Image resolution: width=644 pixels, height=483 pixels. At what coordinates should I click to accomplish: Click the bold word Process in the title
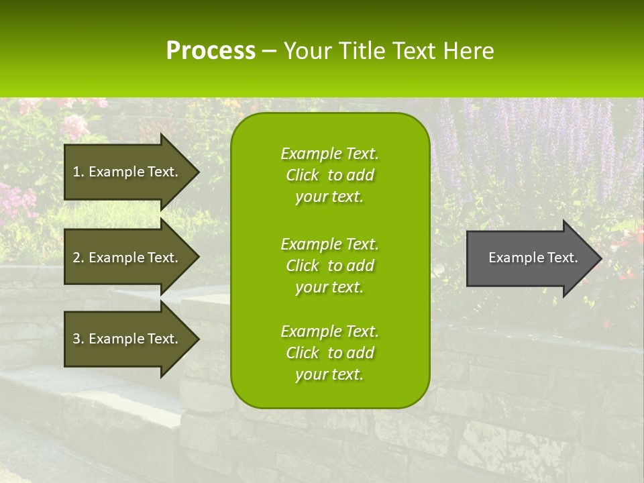[x=211, y=51]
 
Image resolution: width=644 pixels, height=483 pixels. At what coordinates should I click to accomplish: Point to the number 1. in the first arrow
[x=78, y=172]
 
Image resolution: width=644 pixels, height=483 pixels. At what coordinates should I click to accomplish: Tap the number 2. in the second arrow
[x=78, y=258]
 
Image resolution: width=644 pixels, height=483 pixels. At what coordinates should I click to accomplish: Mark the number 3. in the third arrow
[x=78, y=339]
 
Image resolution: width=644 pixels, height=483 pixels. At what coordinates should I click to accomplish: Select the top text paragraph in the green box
[x=329, y=175]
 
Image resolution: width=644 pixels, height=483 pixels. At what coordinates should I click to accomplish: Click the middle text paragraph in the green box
[x=329, y=266]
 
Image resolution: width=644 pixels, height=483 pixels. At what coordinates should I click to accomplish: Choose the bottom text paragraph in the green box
[x=329, y=353]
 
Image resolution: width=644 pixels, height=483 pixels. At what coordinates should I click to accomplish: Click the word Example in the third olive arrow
[x=117, y=339]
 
